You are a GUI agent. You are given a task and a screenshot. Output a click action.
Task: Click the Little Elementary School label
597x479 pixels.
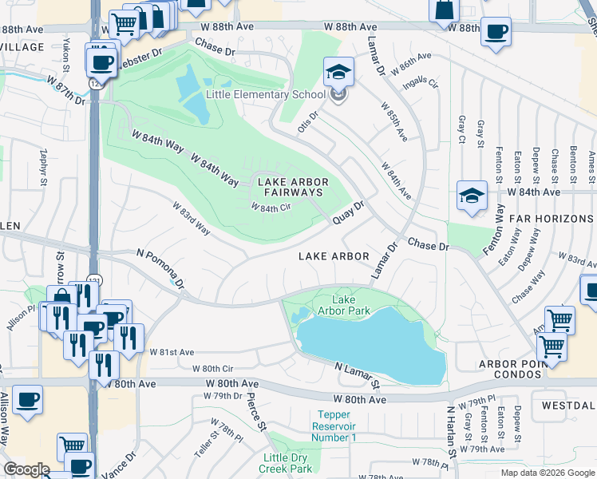[x=265, y=94]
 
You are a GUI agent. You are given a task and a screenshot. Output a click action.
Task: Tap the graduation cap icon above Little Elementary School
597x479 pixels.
[x=338, y=72]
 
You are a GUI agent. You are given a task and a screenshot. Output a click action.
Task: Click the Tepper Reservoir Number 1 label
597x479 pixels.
[x=345, y=426]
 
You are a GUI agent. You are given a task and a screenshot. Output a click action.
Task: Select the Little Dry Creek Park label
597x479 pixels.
[x=287, y=463]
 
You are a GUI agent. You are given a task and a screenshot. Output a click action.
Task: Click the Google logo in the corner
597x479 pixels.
[x=26, y=469]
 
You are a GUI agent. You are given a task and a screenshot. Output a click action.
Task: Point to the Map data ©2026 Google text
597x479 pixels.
[x=547, y=473]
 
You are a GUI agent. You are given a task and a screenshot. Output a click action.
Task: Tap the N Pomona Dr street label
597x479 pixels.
[x=160, y=268]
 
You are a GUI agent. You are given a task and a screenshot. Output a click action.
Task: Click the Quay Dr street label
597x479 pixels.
[x=348, y=213]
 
